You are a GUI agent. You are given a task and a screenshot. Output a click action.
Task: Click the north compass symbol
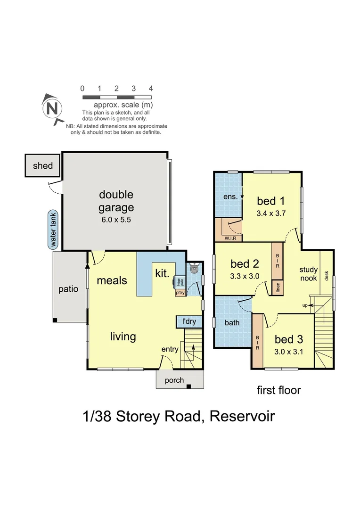tap(53, 109)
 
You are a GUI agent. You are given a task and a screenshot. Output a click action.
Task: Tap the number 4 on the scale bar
tap(151, 88)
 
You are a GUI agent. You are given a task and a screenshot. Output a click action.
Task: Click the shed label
tap(43, 166)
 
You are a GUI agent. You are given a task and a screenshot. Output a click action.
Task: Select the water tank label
tap(53, 229)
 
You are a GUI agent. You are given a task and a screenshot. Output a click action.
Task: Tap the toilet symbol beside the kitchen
tap(195, 269)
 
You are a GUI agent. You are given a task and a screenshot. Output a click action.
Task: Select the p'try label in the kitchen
tap(180, 293)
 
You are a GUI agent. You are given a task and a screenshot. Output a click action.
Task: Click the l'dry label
tap(189, 322)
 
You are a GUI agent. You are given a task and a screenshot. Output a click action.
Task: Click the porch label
tap(174, 380)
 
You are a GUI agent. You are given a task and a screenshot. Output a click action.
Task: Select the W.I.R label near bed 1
tap(230, 238)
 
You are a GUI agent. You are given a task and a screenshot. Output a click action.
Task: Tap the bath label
tap(232, 323)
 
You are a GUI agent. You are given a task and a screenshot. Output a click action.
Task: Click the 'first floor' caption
tap(278, 390)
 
